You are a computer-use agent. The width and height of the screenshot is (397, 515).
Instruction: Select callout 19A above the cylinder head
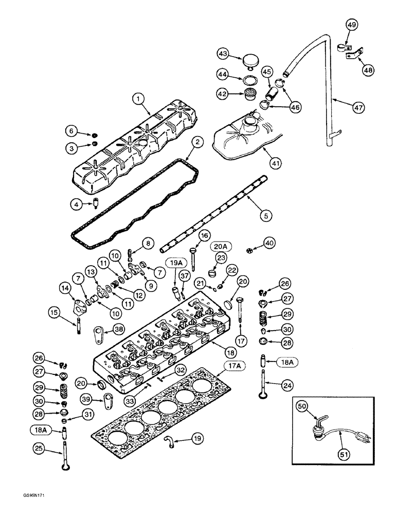(x=173, y=264)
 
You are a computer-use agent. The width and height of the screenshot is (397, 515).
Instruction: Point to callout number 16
(x=204, y=235)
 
